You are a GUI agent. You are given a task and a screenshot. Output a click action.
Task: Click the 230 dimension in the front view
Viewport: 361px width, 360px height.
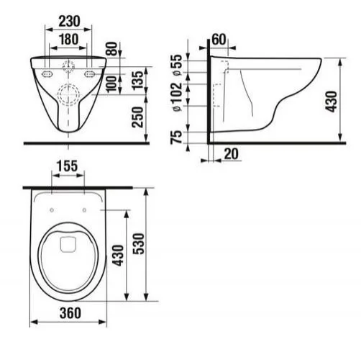coord(70,22)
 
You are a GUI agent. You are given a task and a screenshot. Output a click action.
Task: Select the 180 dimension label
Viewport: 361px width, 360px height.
coord(68,40)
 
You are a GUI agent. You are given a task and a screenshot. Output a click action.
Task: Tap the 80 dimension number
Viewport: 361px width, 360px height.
coord(112,49)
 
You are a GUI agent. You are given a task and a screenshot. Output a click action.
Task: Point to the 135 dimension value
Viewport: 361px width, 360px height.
coord(137,81)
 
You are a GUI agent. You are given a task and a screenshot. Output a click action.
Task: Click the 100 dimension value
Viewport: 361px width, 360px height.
coord(111,84)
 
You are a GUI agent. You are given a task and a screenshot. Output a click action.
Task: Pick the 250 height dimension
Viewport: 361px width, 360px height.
coord(137,117)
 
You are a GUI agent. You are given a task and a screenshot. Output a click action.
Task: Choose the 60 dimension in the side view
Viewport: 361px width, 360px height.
coord(219,39)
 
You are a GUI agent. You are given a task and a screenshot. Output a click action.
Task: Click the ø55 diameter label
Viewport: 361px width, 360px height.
coord(177,65)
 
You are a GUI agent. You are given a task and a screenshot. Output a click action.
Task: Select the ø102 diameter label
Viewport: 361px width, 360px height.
coord(177,96)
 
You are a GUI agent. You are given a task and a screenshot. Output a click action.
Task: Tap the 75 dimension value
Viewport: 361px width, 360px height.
coord(176,138)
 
